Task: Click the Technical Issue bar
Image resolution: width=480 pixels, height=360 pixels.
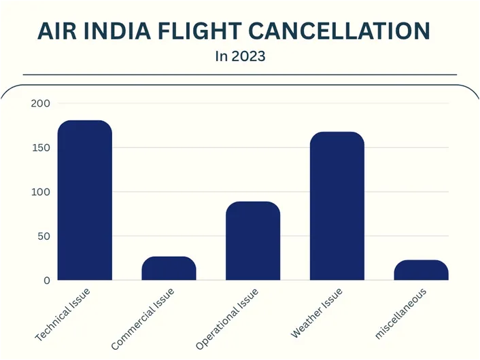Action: point(84,200)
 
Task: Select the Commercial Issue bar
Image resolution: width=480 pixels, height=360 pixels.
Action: point(169,268)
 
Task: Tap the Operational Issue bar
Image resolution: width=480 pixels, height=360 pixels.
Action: point(253,241)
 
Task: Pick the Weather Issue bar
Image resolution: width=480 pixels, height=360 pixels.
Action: point(337,206)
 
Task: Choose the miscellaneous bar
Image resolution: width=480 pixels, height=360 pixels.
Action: point(421,270)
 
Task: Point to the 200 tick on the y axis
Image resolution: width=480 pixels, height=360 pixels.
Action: point(40,103)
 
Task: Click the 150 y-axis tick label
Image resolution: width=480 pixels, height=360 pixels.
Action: point(40,147)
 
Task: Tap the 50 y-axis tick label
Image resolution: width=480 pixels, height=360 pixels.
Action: point(43,236)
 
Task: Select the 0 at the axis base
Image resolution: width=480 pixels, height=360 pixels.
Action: point(46,280)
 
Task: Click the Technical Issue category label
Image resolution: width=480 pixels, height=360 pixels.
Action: point(63,314)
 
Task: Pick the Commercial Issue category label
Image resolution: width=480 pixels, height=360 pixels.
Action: point(143,319)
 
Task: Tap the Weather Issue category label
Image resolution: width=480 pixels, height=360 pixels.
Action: point(318,313)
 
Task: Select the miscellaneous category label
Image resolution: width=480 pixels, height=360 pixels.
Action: point(401,313)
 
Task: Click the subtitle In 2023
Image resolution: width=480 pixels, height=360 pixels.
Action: point(240,56)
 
